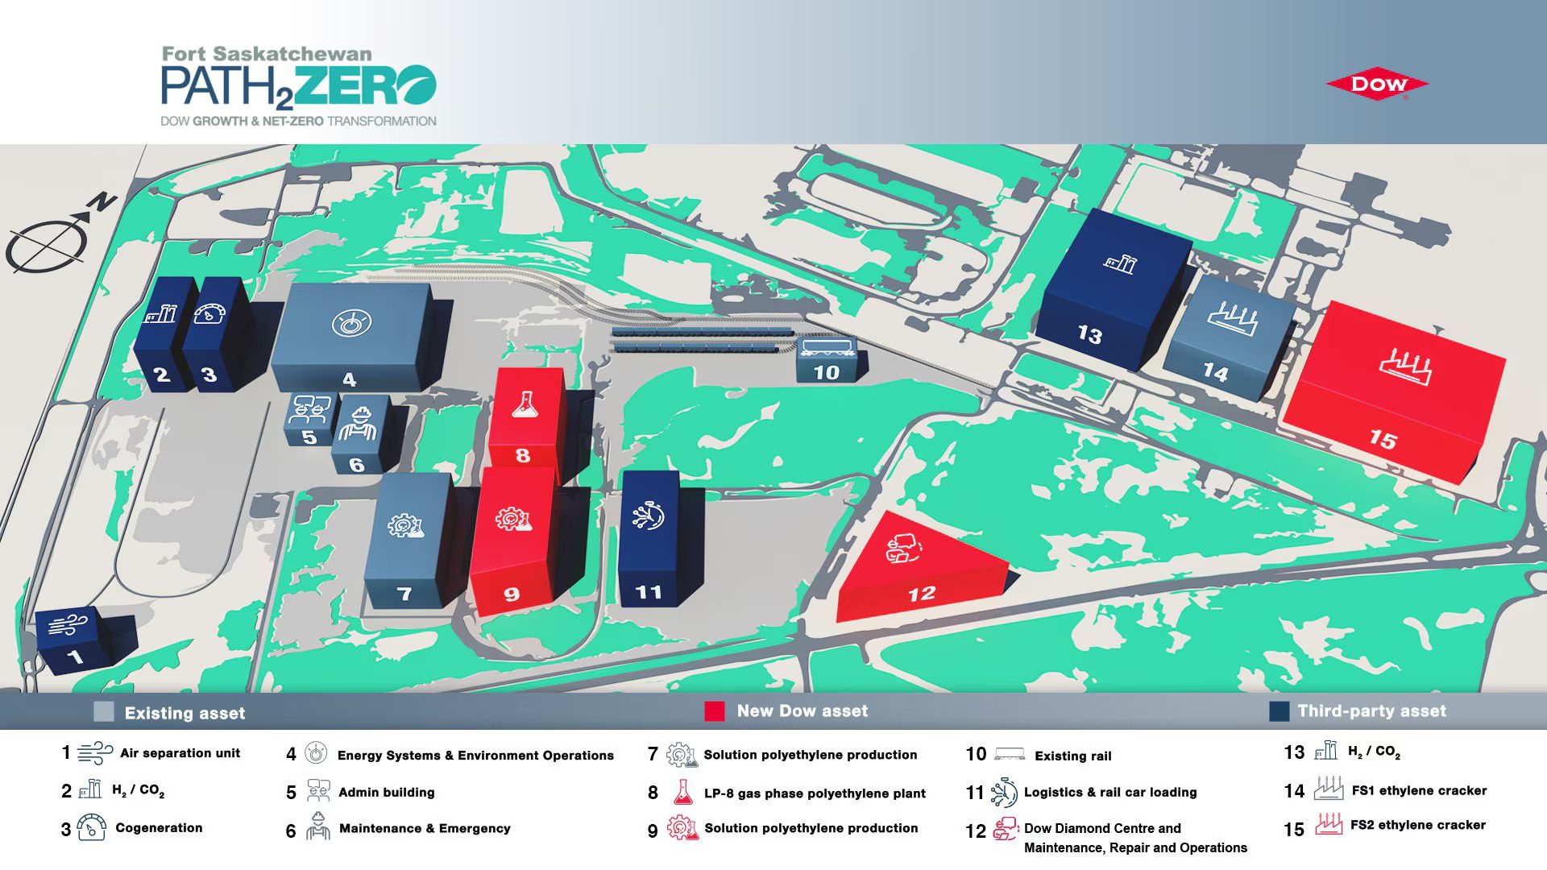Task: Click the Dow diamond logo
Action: click(x=1378, y=84)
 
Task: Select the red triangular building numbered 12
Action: click(x=919, y=570)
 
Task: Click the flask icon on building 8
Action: click(x=525, y=404)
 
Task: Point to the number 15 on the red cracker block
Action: click(x=1383, y=439)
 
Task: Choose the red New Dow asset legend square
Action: click(x=715, y=711)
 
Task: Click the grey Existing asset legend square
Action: click(x=104, y=711)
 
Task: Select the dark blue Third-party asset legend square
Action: click(x=1279, y=711)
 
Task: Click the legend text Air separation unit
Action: click(x=180, y=753)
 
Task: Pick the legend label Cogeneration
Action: click(x=159, y=828)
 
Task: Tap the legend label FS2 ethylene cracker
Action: click(x=1418, y=825)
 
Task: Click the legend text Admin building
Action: click(x=386, y=793)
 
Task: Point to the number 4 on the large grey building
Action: click(x=349, y=379)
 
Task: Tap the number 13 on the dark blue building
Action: click(x=1089, y=334)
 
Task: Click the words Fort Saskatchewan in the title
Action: click(x=267, y=55)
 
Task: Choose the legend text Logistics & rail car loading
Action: click(x=1110, y=793)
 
